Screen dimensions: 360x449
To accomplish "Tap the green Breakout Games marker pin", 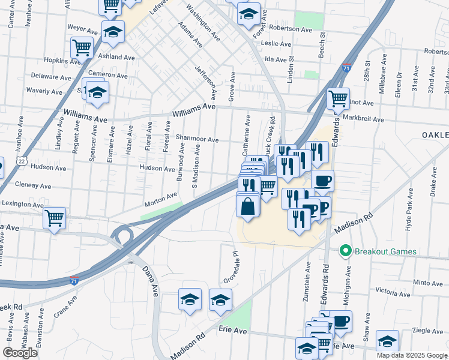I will point(345,251).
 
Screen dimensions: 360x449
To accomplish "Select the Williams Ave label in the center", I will point(193,107).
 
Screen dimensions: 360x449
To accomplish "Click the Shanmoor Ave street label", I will point(197,139).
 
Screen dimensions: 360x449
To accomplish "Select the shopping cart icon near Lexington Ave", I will point(55,218).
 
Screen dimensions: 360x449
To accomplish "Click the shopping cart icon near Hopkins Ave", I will point(82,47).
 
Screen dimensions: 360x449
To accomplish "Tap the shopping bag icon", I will point(248,207).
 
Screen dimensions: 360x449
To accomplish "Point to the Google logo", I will point(20,353).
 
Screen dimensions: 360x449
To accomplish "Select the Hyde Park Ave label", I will point(409,210).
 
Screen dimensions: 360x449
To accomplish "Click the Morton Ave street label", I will point(160,197).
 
